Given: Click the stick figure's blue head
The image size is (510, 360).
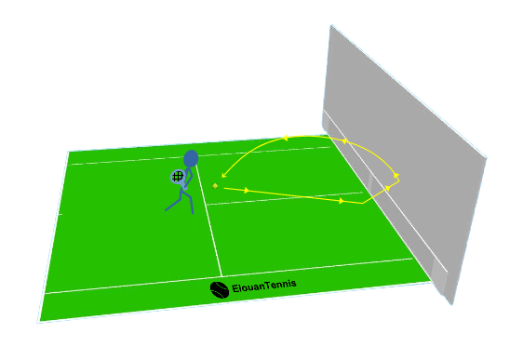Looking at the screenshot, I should [x=191, y=159].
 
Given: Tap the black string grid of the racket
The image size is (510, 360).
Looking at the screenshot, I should [x=178, y=176].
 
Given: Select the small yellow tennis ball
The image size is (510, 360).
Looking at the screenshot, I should [x=215, y=186].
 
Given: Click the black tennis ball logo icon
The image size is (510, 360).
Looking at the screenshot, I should [x=219, y=289].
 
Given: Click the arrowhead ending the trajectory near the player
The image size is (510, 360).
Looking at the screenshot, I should [x=223, y=174].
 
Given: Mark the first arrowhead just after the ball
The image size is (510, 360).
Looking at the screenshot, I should [x=246, y=190].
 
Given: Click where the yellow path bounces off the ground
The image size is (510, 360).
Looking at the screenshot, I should [x=363, y=203].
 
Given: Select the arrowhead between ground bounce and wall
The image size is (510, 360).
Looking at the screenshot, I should [x=387, y=188].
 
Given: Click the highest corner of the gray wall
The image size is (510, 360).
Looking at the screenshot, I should [x=329, y=24].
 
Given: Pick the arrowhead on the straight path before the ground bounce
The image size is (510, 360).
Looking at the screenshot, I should [x=342, y=200].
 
